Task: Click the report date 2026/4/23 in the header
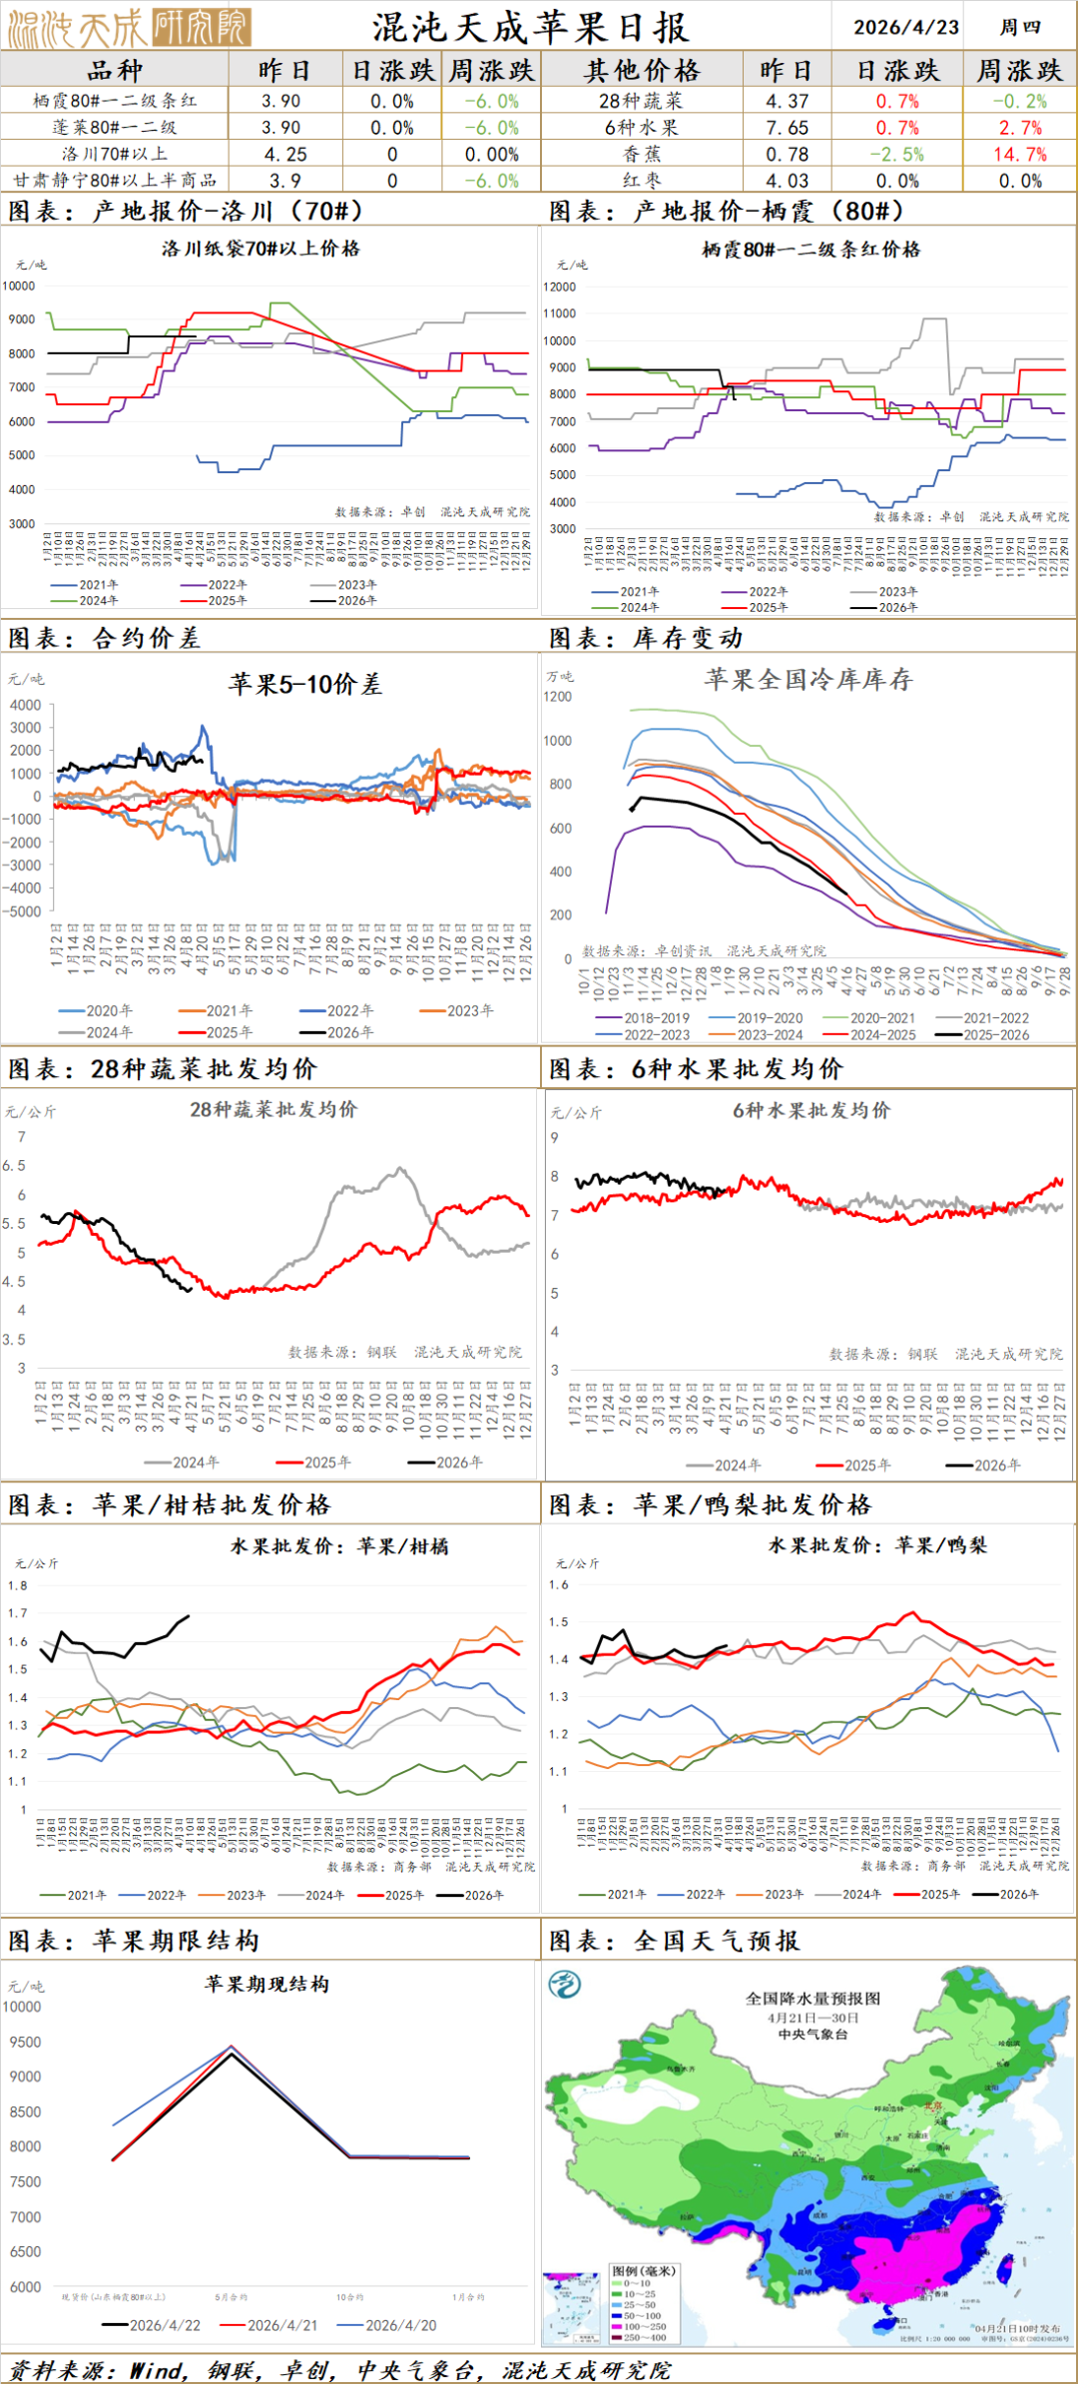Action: [905, 27]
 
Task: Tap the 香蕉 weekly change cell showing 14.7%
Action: [1019, 155]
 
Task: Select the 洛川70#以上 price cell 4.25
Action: [285, 155]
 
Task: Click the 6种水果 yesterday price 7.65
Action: [787, 128]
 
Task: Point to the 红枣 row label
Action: [642, 181]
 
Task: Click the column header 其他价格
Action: [642, 71]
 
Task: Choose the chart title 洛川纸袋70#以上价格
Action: [261, 249]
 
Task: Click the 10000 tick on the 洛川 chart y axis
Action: [19, 286]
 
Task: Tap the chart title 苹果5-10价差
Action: [304, 684]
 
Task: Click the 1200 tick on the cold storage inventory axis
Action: [558, 697]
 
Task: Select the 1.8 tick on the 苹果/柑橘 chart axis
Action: [18, 1585]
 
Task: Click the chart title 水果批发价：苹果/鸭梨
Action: [876, 1545]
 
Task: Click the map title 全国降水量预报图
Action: [812, 1999]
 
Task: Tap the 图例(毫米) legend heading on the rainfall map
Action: [644, 2271]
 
